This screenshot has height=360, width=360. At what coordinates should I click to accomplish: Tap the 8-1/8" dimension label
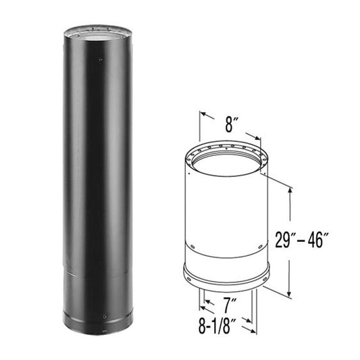(x=217, y=326)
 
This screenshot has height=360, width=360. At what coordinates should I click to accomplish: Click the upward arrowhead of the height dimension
(x=290, y=191)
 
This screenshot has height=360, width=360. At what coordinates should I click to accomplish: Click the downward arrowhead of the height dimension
(x=289, y=293)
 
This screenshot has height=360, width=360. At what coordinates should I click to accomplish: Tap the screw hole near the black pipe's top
(x=101, y=59)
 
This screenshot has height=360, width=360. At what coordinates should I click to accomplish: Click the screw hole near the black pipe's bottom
(x=105, y=317)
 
